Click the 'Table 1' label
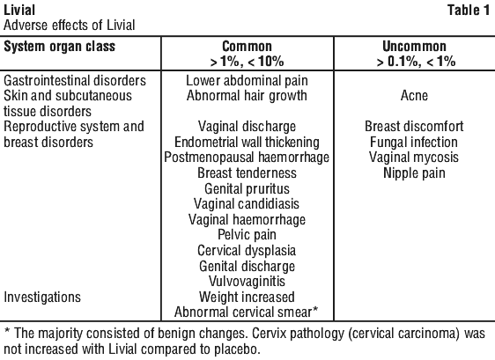point(469,10)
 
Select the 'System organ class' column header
point(60,47)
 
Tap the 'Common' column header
point(247,47)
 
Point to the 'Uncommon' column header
point(414,47)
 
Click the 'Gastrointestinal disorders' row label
point(75,80)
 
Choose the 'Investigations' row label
point(42,298)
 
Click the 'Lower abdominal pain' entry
point(247,80)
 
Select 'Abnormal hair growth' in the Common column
point(247,96)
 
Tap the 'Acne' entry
point(414,96)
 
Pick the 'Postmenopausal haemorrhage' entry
point(247,158)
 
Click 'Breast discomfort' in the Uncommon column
point(414,127)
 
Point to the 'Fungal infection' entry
point(414,143)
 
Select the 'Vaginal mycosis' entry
point(414,158)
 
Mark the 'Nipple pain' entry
point(414,173)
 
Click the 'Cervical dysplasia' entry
point(247,251)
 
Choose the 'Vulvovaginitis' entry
point(247,282)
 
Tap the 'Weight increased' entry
point(247,298)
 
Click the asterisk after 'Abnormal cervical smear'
point(315,310)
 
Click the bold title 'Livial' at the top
point(19,10)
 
